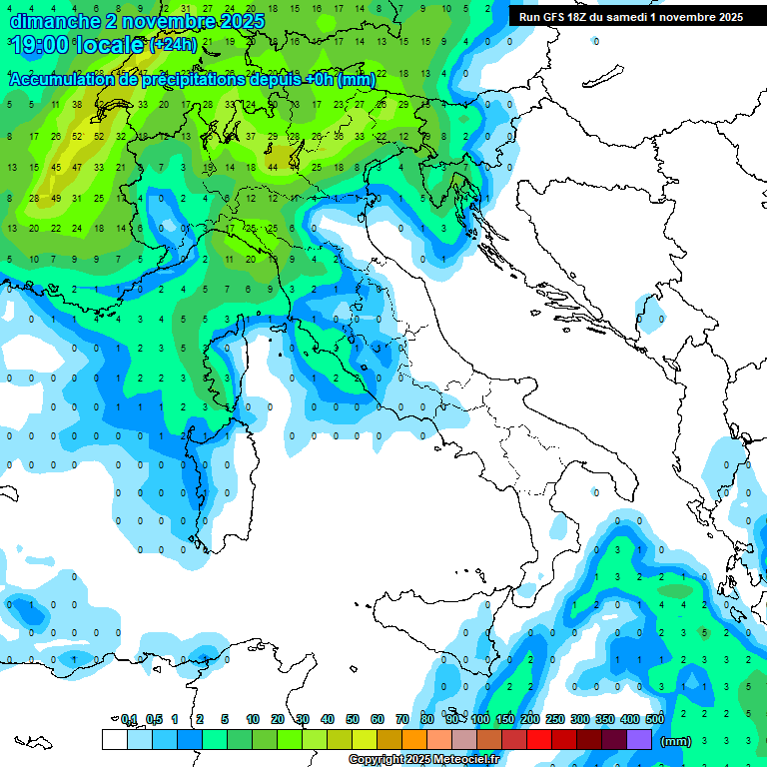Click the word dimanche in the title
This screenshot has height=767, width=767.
(52, 20)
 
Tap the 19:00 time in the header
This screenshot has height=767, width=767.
(39, 45)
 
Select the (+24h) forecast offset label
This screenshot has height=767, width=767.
(172, 45)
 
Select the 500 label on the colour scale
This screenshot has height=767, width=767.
(655, 719)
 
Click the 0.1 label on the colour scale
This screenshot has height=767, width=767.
(129, 719)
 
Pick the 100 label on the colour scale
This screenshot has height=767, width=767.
(480, 719)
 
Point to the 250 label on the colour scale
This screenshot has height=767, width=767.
(555, 719)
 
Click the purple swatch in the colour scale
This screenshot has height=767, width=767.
(639, 739)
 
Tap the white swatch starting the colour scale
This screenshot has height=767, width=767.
(114, 739)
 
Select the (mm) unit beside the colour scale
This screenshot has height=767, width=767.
(676, 741)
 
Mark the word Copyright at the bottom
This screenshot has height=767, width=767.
(377, 760)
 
